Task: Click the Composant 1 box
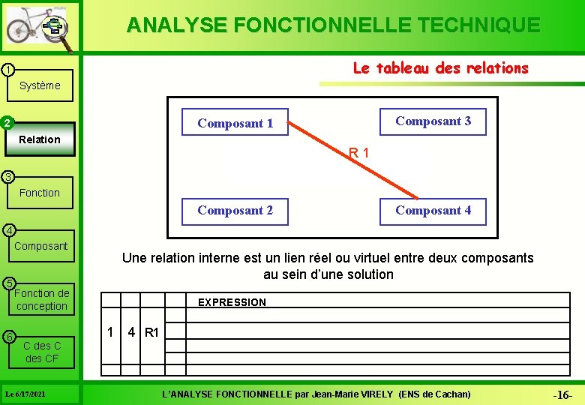(235, 124)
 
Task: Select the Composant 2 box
(235, 211)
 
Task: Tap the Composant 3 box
(433, 121)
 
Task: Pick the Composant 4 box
(433, 211)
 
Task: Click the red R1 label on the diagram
(358, 154)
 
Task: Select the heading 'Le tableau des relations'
(440, 68)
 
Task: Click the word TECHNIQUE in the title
(476, 25)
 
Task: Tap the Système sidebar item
(40, 85)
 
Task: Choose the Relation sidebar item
(40, 139)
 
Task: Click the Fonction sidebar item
(40, 193)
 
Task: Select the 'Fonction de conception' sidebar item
(41, 299)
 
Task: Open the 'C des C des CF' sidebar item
(41, 352)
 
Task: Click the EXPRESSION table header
(232, 302)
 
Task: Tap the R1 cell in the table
(151, 332)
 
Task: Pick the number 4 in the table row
(131, 331)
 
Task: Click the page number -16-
(562, 394)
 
